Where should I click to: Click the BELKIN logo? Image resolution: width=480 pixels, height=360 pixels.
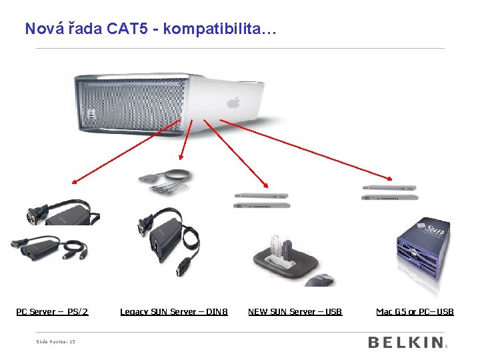[406, 343]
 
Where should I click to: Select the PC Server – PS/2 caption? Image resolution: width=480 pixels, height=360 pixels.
[52, 311]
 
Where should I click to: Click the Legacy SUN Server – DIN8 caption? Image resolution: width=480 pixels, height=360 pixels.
[173, 311]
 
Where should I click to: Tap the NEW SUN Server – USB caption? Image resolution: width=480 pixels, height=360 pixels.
[295, 311]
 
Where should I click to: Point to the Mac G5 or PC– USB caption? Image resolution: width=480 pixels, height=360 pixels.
[415, 311]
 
